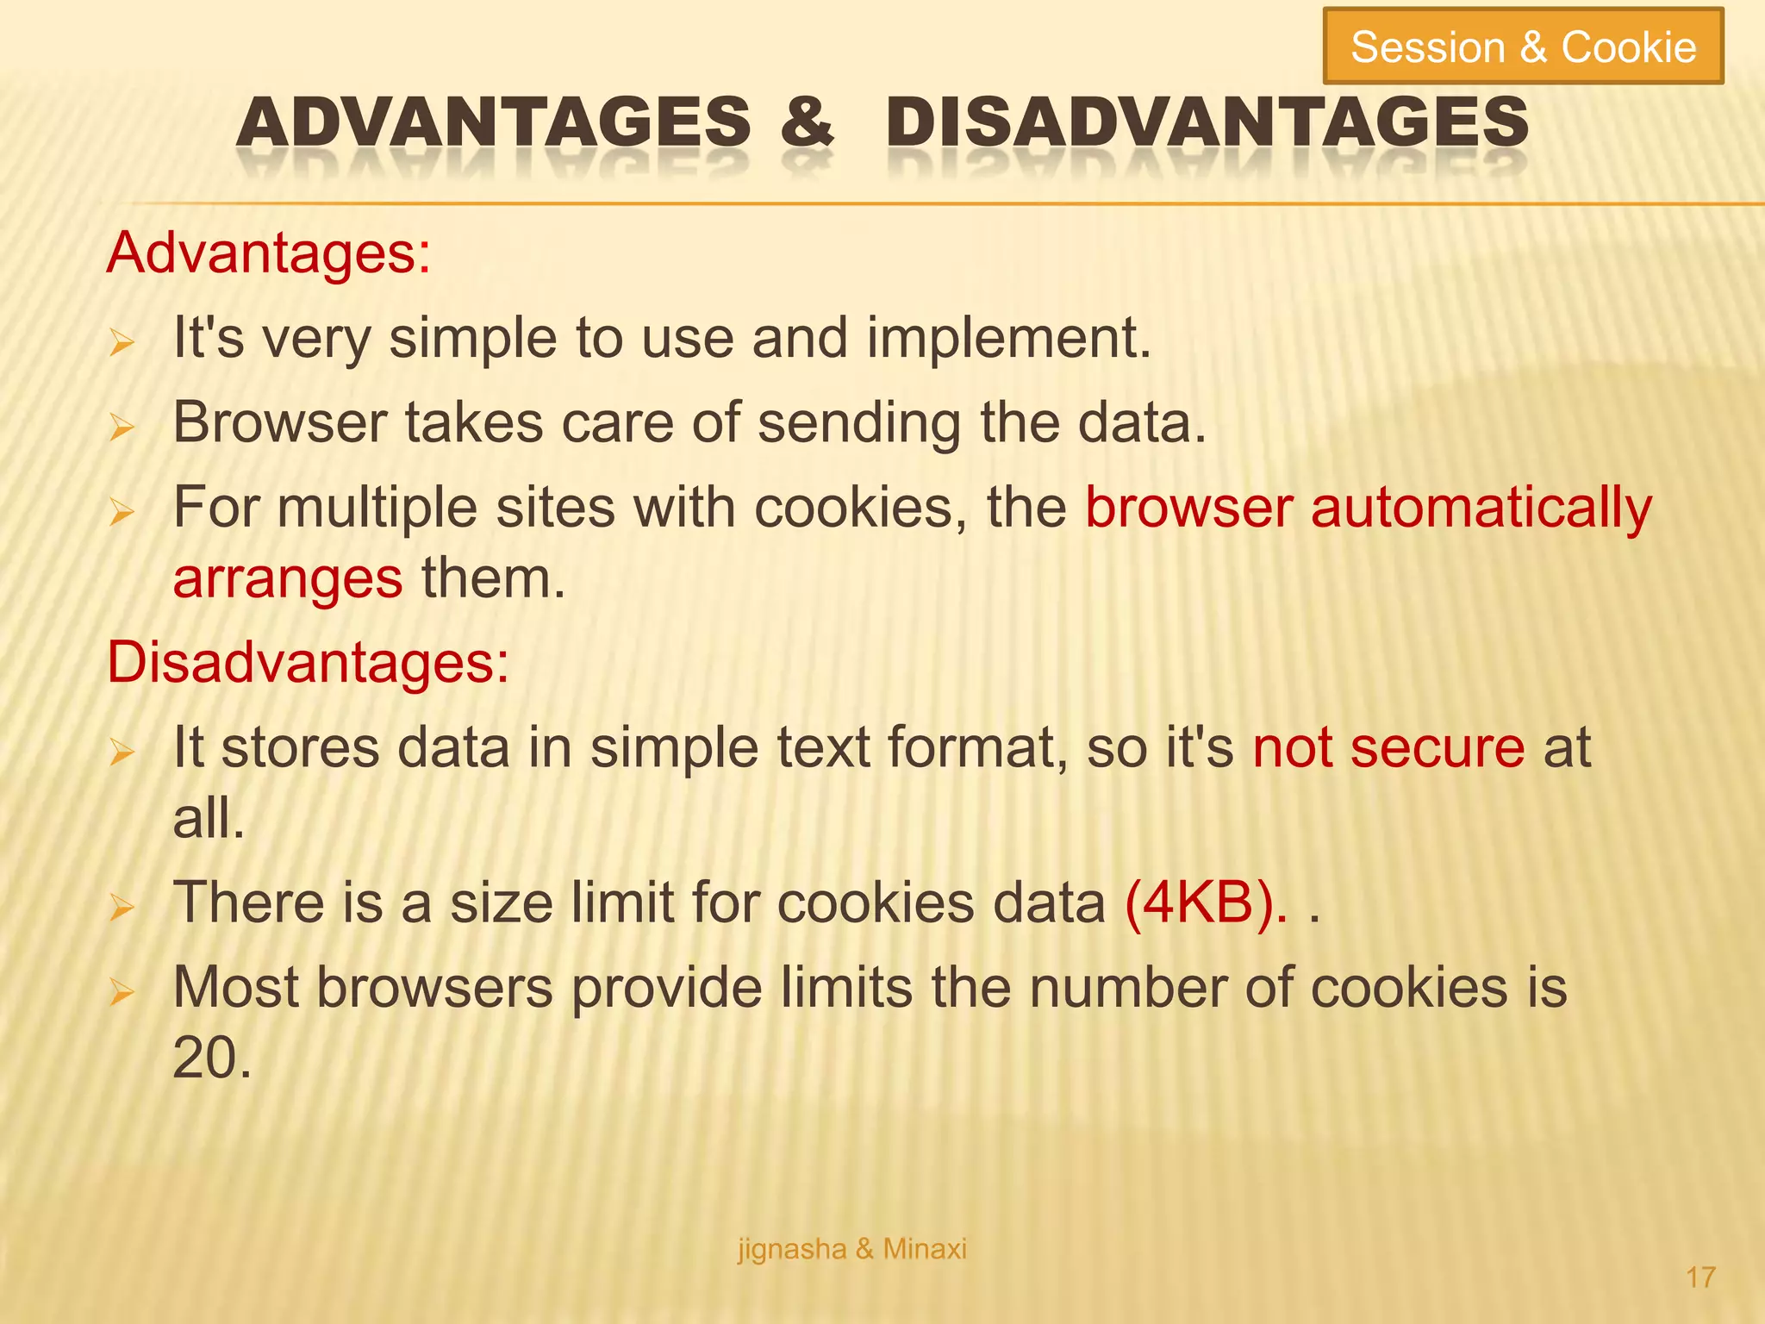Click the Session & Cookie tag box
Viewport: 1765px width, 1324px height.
click(x=1523, y=47)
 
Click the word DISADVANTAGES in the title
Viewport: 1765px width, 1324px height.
click(x=1207, y=122)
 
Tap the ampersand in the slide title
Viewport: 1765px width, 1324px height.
click(x=807, y=122)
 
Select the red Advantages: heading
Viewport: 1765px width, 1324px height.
click(x=268, y=253)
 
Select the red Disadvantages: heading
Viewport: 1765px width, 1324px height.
click(x=308, y=663)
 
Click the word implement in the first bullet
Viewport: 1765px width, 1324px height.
click(x=1008, y=338)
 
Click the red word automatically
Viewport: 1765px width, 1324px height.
click(x=1481, y=508)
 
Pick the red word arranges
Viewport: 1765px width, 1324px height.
click(x=287, y=578)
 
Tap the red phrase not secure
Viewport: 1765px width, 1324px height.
click(x=1388, y=747)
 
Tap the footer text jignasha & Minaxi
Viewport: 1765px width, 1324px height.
click(x=851, y=1248)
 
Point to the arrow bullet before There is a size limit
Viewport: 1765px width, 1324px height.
click(x=122, y=909)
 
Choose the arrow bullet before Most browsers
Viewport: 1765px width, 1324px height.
click(x=122, y=993)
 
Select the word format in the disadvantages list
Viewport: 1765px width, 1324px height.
click(x=977, y=747)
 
